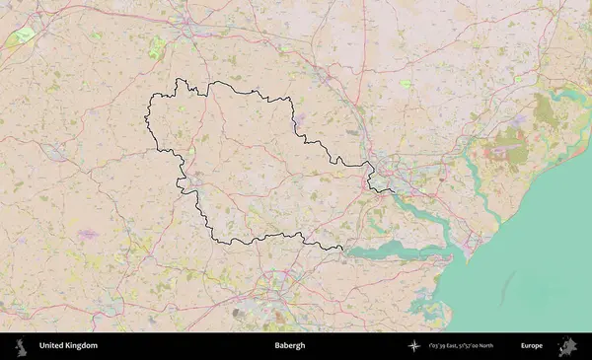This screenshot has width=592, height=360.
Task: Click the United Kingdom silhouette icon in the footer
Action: [21, 346]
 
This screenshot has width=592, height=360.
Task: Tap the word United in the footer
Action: [50, 346]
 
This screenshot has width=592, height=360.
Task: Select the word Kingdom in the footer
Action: [81, 346]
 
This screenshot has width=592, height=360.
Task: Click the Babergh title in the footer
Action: [290, 346]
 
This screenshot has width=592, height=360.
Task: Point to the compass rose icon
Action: [415, 346]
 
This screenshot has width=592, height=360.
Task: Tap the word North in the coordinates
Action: [501, 346]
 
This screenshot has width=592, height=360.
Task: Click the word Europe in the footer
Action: [532, 346]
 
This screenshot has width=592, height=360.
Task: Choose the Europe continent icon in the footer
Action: [567, 346]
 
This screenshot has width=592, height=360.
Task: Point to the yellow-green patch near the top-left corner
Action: [22, 38]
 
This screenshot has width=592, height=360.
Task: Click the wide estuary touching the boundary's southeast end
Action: [395, 250]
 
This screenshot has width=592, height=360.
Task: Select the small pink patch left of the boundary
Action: [87, 233]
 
